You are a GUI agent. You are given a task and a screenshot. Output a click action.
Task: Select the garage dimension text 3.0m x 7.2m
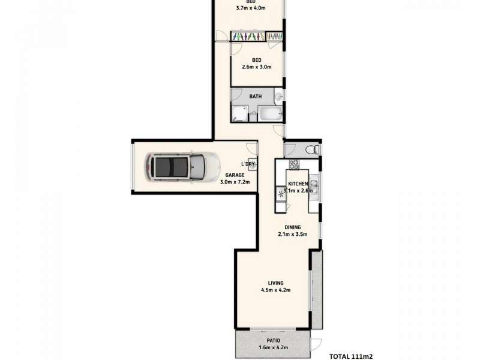tap(235, 182)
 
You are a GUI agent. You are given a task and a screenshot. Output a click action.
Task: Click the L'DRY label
tap(248, 164)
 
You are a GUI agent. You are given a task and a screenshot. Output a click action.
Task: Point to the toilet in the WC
tap(310, 150)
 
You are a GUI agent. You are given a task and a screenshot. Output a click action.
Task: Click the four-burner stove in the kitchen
tap(295, 164)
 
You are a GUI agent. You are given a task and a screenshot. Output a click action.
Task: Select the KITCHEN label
tap(298, 184)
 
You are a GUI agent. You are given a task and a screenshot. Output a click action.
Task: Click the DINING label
tap(293, 227)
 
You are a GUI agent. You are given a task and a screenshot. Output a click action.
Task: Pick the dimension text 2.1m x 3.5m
tap(293, 235)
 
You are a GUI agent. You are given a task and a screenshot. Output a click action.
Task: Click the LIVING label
tap(276, 283)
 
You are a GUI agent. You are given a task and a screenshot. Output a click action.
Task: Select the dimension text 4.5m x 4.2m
tap(276, 290)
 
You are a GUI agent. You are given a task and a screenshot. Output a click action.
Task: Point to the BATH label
tap(256, 95)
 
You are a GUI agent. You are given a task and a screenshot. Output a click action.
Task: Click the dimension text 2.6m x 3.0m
tap(257, 67)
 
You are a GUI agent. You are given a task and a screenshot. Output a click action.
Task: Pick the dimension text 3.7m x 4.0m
tap(251, 8)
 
